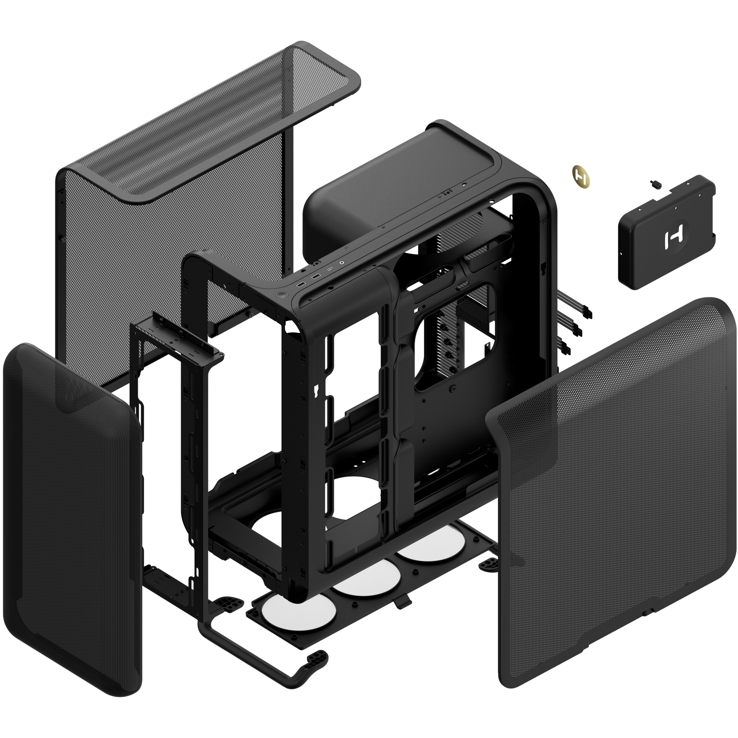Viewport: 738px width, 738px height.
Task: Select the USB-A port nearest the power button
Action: tap(301, 284)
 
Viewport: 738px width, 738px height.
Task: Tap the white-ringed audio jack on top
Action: tap(342, 262)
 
